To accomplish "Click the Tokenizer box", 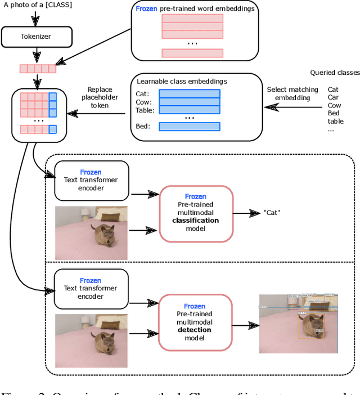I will pos(37,38).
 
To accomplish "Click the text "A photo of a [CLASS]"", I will pos(38,5).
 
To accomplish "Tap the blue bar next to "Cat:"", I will pos(188,94).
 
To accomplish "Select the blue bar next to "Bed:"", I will pos(188,127).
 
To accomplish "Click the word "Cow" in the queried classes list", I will pos(334,105).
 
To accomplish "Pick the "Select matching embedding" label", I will pos(292,94).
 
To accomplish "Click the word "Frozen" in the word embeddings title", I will pos(146,10).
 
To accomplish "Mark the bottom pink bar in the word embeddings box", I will pos(192,53).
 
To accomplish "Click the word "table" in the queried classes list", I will pos(335,121).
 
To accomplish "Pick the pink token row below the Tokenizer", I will pos(38,69).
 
